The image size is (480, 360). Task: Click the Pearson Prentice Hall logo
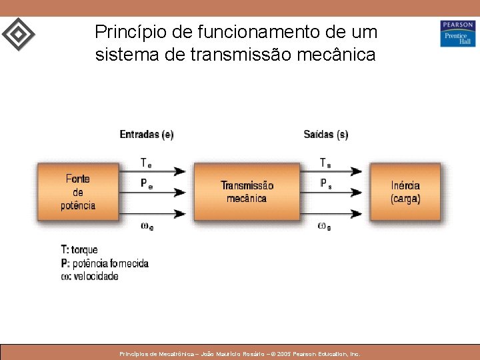(457, 33)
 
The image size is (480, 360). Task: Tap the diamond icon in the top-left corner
(18, 33)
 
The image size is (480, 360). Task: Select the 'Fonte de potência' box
(78, 191)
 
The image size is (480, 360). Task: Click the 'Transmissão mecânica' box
(247, 191)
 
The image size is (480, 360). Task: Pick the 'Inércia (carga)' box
(405, 191)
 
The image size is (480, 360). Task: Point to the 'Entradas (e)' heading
(147, 135)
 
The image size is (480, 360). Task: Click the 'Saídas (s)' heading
(325, 135)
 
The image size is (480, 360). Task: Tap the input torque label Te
(146, 163)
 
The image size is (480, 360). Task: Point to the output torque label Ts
(325, 163)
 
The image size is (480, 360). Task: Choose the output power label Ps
(325, 184)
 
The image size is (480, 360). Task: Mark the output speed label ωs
(325, 226)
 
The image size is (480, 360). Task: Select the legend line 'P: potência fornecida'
(105, 263)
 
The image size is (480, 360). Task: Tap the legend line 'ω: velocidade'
(89, 276)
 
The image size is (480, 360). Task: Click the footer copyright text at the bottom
(239, 354)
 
